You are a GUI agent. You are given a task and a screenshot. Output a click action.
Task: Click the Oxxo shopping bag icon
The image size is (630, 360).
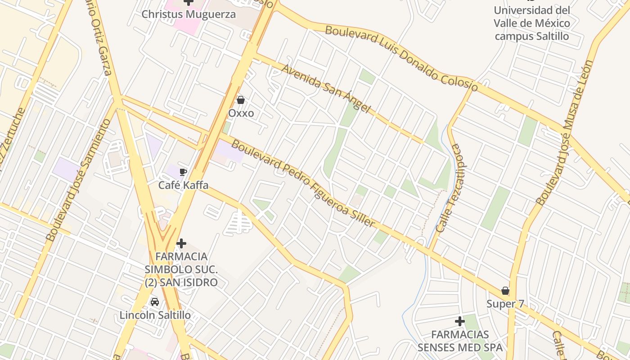(x=241, y=100)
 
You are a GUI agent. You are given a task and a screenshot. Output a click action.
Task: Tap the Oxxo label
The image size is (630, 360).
(x=241, y=113)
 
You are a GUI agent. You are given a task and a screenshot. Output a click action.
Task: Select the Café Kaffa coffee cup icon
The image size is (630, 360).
(x=183, y=172)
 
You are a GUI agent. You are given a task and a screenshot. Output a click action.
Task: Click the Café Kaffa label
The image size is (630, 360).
(x=183, y=185)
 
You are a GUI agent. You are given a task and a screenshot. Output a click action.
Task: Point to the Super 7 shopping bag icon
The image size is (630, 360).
(x=505, y=291)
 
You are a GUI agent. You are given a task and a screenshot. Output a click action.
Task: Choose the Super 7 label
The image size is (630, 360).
(x=505, y=304)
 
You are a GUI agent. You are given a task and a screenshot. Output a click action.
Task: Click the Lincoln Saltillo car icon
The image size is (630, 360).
(x=155, y=301)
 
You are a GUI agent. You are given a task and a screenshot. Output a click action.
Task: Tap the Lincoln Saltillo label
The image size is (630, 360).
(x=155, y=315)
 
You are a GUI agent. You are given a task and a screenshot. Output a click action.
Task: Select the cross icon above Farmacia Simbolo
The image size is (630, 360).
(x=181, y=243)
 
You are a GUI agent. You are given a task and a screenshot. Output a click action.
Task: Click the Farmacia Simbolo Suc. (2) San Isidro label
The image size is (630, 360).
(x=181, y=269)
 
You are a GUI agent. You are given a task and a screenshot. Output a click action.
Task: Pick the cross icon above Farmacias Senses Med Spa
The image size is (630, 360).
(x=459, y=321)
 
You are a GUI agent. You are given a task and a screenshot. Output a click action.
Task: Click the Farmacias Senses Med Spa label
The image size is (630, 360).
(x=460, y=341)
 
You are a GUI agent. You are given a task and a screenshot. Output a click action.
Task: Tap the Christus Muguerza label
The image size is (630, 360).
(x=189, y=14)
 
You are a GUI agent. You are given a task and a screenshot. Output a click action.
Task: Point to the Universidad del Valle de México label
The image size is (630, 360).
(x=532, y=23)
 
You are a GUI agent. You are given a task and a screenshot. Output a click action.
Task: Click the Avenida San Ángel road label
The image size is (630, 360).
(x=326, y=89)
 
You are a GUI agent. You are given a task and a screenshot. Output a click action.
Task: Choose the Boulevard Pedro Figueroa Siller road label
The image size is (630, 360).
(x=303, y=184)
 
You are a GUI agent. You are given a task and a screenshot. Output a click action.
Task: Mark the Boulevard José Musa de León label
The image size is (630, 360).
(x=565, y=133)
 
